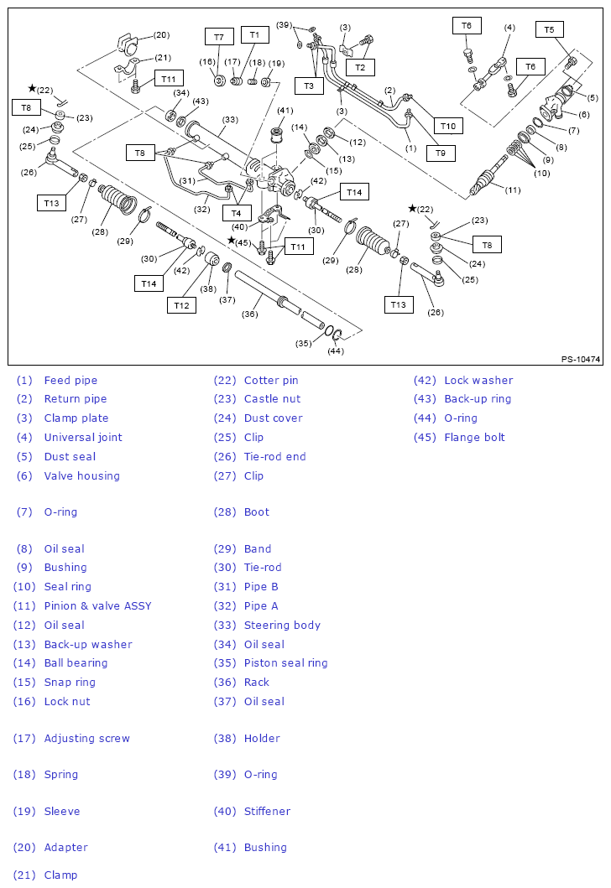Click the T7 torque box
218,37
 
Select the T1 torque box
254,34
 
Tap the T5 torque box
549,30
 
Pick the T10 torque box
448,127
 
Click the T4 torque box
236,213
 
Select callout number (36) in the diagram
249,314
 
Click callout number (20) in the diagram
161,35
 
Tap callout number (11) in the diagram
513,190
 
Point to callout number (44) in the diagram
336,351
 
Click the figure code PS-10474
581,360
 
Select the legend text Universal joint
83,437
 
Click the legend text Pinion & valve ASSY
97,605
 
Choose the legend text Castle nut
272,399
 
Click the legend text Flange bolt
474,437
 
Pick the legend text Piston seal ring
285,662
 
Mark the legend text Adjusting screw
86,738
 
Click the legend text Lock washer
478,380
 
